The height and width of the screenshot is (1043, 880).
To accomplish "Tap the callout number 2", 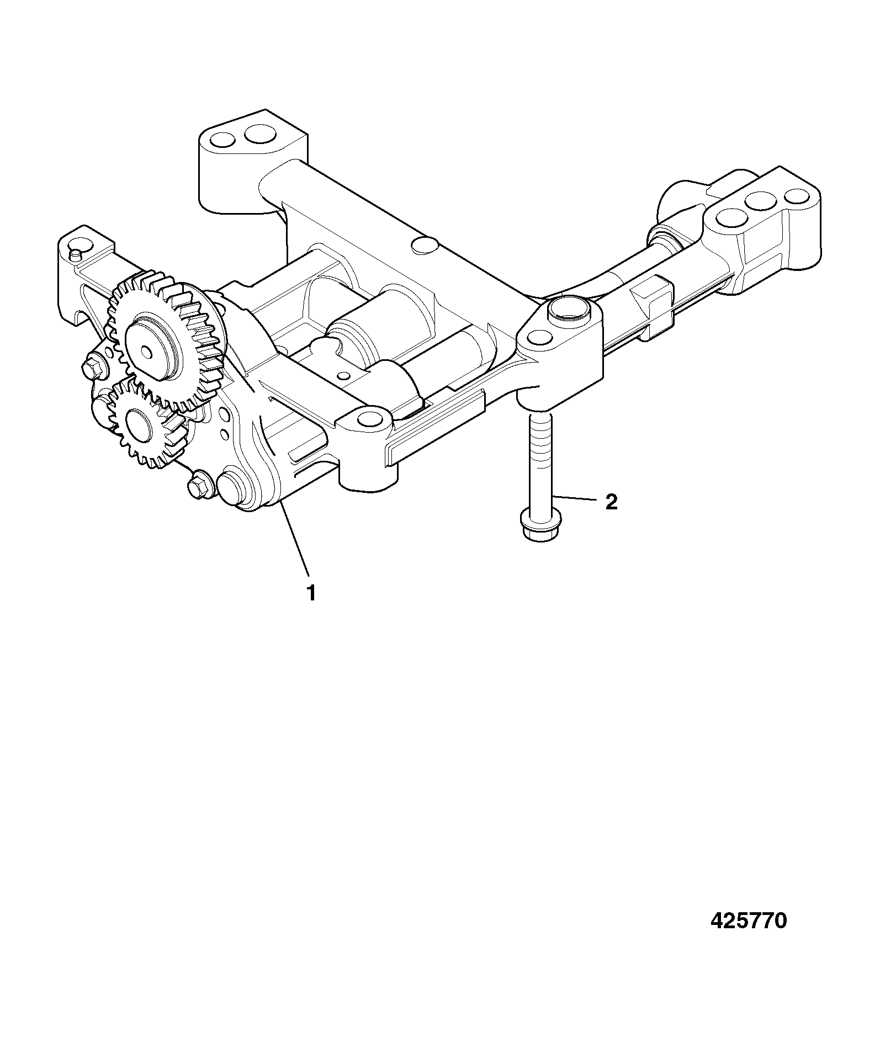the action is click(x=611, y=502).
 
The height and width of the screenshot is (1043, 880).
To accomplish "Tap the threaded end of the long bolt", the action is click(x=539, y=430).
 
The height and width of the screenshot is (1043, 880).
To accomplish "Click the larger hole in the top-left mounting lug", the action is click(x=260, y=134).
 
